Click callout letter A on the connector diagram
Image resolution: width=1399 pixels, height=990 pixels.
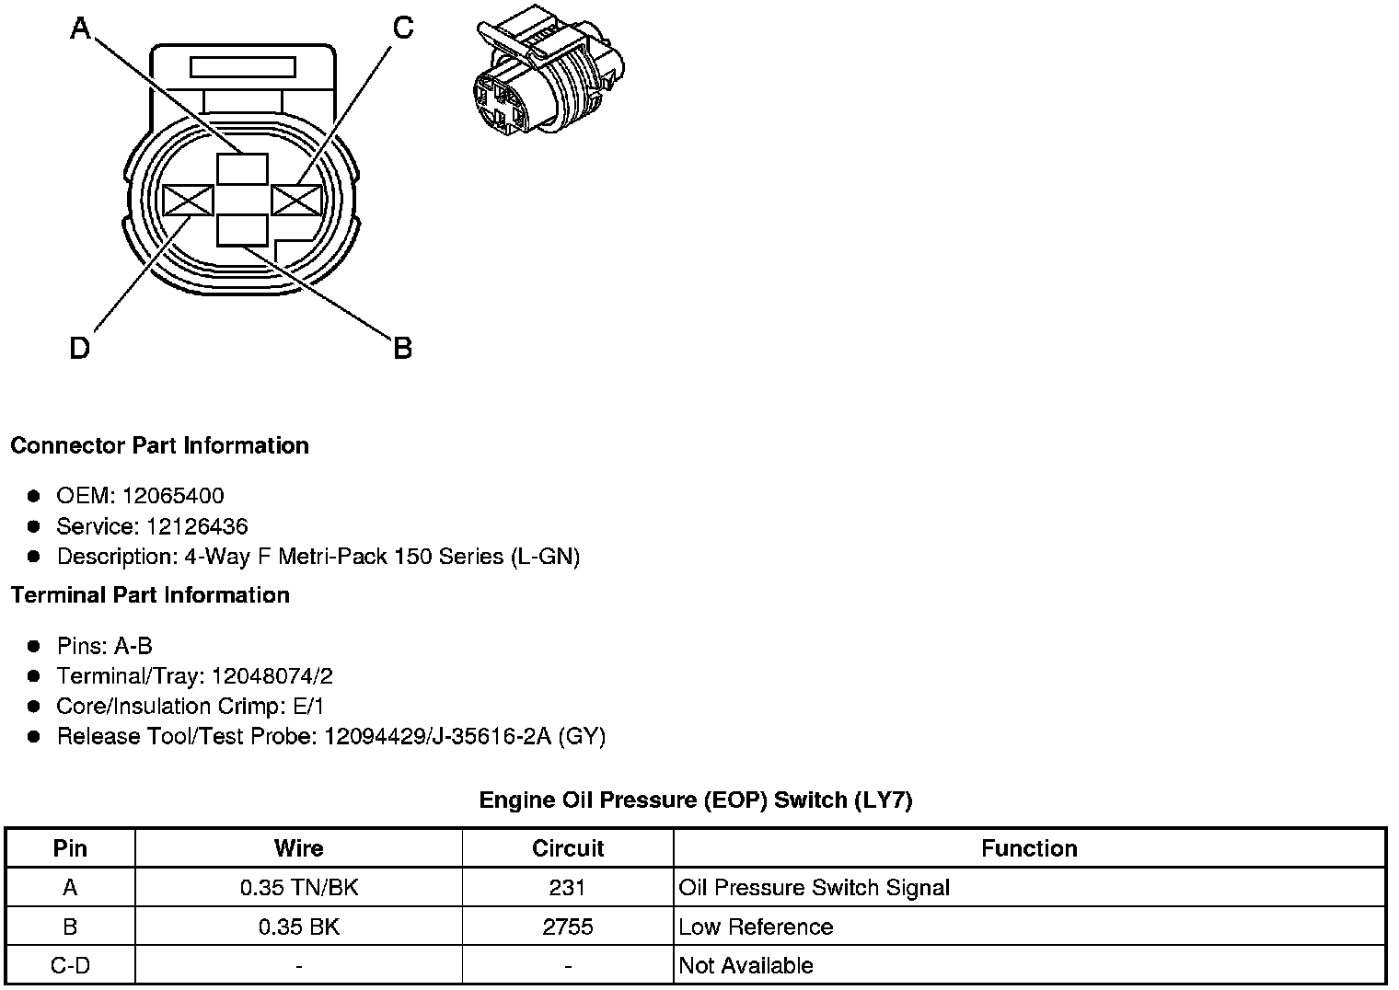coord(81,29)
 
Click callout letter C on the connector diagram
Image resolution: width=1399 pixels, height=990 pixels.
coord(403,29)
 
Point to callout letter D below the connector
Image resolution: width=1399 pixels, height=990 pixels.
coord(80,349)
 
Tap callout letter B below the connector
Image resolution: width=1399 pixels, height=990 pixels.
coord(402,349)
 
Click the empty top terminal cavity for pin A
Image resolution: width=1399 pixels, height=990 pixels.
coord(242,169)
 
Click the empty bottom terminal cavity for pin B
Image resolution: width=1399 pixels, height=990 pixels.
coord(242,230)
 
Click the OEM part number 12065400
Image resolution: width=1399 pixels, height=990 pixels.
coord(173,496)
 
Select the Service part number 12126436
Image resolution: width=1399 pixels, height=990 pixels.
coord(197,526)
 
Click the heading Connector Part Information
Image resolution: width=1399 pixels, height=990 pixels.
coord(159,445)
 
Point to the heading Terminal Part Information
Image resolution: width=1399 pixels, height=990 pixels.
coord(150,595)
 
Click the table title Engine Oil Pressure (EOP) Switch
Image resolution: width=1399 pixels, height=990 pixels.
coord(695,800)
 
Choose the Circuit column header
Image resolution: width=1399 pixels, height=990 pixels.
coord(568,848)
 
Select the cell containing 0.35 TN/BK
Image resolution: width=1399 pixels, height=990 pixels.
coord(298,888)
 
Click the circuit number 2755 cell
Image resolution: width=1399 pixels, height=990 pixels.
coord(568,927)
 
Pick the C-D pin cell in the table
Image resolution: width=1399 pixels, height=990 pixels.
coord(70,965)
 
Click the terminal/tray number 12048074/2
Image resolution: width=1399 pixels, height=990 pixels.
coord(272,676)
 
